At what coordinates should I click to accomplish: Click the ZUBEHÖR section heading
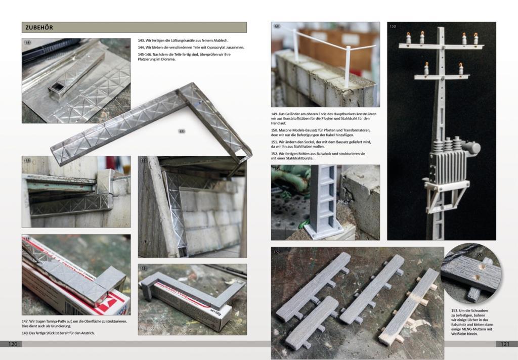(38, 27)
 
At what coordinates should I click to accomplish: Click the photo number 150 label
(393, 26)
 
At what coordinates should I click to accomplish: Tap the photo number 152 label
(277, 251)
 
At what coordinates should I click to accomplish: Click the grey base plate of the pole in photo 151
(324, 233)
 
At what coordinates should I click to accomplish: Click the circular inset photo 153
(471, 275)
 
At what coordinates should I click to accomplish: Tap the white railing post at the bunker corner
(348, 66)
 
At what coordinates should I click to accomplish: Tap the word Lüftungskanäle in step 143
(177, 40)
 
